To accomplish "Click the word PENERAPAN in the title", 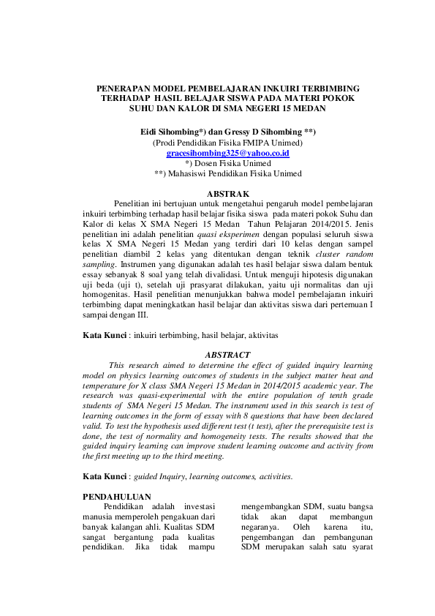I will pos(126,87).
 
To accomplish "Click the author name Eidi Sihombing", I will pos(174,130).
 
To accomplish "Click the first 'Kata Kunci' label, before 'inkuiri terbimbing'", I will pos(105,334).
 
